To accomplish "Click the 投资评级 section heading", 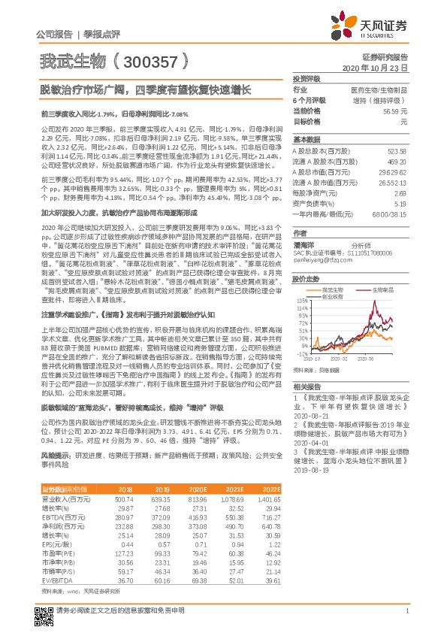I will point(306,78).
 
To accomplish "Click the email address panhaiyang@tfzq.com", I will point(318,260).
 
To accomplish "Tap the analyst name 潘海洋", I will point(304,244).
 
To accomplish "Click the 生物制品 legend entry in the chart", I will point(383,289).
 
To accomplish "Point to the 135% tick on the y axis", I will point(301,298).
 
